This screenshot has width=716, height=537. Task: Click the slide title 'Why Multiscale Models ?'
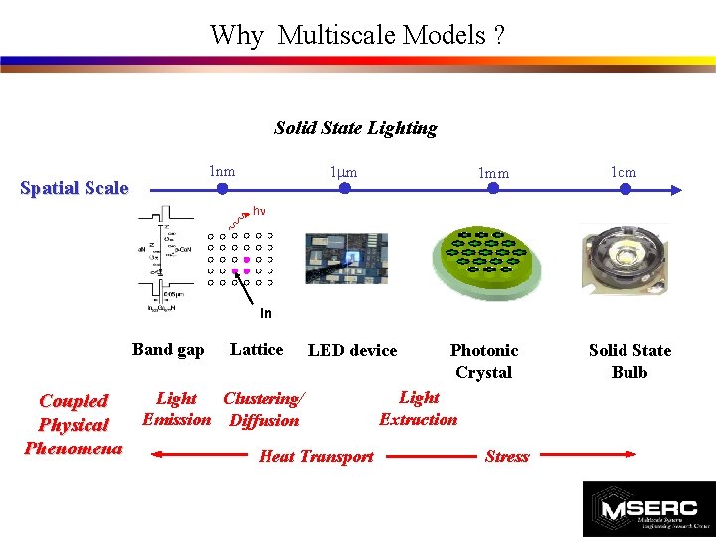(x=357, y=36)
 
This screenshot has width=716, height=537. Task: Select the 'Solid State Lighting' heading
(x=355, y=128)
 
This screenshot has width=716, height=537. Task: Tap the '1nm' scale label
(x=221, y=171)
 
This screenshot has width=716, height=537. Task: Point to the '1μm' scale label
(x=343, y=172)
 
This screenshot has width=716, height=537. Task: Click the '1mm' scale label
(x=493, y=173)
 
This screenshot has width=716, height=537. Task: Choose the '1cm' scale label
(x=624, y=172)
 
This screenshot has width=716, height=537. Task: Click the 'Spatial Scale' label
(x=75, y=188)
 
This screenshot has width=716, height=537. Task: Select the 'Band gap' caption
(x=168, y=349)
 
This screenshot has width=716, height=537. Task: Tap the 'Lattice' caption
(x=257, y=349)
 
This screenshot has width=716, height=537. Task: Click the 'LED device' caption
(x=352, y=350)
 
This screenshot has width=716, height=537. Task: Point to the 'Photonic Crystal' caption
(x=484, y=361)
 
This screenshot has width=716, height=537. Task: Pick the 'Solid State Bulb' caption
(x=629, y=361)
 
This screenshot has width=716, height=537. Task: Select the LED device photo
(x=346, y=259)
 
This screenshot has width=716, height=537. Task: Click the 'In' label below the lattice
(x=266, y=314)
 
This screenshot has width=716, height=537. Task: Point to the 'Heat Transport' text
(x=315, y=456)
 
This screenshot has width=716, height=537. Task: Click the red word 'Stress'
(x=506, y=456)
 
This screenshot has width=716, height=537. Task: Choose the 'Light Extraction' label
(x=419, y=408)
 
